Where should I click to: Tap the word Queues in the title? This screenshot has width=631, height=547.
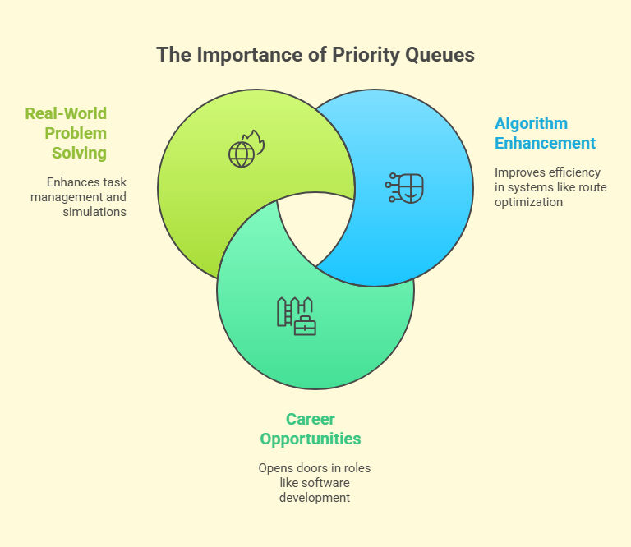[x=440, y=55]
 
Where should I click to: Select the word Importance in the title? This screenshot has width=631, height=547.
[x=249, y=54]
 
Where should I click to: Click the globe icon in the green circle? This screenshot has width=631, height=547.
[x=242, y=154]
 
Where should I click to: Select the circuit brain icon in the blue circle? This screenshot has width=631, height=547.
[x=404, y=188]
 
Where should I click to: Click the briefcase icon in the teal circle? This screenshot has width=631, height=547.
[x=305, y=326]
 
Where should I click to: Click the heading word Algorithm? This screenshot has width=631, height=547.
[x=532, y=124]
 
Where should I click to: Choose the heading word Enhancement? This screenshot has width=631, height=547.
[x=546, y=143]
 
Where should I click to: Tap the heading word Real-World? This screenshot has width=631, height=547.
[x=66, y=113]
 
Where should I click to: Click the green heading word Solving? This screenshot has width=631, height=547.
[x=79, y=154]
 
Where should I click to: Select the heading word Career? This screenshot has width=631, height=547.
[x=311, y=419]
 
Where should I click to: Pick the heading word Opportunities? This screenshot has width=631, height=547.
[x=311, y=439]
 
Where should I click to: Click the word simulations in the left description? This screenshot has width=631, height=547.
[x=94, y=212]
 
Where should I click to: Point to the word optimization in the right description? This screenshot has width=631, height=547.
[x=529, y=202]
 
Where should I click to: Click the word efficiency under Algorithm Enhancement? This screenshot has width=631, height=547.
[x=574, y=172]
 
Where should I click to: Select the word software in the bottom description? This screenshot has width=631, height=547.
[x=325, y=483]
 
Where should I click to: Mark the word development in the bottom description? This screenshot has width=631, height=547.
[x=315, y=498]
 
